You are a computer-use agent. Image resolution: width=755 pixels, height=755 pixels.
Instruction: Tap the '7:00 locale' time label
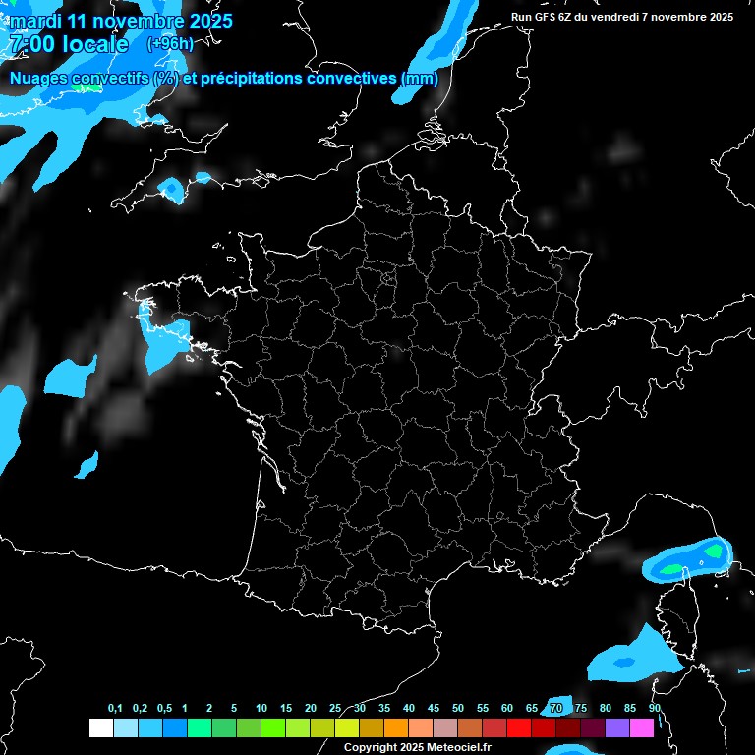click(67, 44)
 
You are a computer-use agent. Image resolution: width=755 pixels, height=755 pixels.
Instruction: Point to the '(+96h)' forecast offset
click(170, 44)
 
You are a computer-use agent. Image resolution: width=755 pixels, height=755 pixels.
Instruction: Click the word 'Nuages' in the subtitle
click(39, 79)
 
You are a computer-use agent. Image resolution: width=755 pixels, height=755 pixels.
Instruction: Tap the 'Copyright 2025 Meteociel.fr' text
click(417, 748)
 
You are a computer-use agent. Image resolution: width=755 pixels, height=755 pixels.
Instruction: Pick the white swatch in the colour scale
click(100, 728)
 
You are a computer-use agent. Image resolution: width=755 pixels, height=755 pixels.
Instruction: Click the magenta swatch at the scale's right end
click(642, 728)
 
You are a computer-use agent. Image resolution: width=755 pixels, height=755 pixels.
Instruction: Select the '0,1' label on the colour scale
click(115, 709)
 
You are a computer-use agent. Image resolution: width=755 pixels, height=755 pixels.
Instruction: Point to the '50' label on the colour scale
click(458, 709)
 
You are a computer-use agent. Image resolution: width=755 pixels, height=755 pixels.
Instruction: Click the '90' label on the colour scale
click(654, 709)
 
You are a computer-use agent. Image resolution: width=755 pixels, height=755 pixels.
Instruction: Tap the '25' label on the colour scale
click(335, 709)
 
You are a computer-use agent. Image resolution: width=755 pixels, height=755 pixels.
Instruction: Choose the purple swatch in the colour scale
click(617, 728)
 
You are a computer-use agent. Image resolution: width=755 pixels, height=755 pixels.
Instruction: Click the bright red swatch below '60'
click(519, 728)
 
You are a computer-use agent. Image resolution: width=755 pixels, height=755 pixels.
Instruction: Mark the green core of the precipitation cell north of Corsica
click(671, 568)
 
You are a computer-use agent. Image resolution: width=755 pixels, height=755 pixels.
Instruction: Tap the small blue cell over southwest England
click(171, 187)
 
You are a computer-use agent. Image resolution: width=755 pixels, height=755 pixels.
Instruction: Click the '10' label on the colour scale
click(261, 709)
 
